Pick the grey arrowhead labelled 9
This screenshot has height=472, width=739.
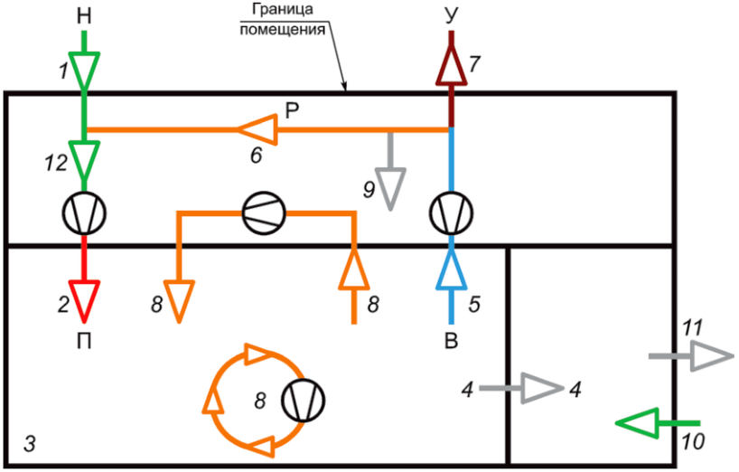coord(391,188)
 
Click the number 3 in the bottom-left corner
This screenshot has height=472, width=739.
coord(29,444)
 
